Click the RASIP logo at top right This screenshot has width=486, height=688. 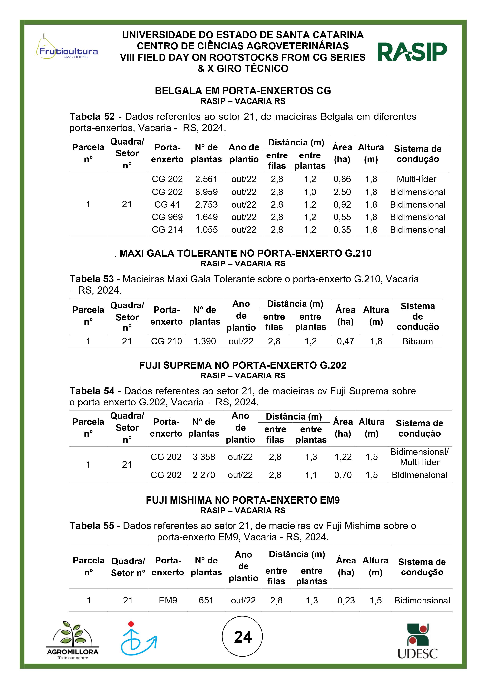(412, 52)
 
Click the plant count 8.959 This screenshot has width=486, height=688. (206, 192)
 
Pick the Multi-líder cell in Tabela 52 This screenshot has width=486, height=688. (416, 179)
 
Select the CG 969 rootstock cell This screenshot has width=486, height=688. (167, 217)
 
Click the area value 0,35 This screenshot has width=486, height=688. (342, 230)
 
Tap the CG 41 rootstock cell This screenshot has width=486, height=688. (167, 205)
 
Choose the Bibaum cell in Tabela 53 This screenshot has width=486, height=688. (417, 341)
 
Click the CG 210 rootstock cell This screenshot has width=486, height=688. (167, 341)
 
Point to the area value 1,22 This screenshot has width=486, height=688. (343, 457)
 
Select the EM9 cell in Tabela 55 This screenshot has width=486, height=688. (168, 601)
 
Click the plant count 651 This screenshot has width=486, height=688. (206, 601)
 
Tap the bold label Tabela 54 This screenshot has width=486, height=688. (92, 391)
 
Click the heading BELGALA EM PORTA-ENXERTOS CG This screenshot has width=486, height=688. (243, 91)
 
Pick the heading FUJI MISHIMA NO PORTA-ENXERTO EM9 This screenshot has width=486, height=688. (243, 500)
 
